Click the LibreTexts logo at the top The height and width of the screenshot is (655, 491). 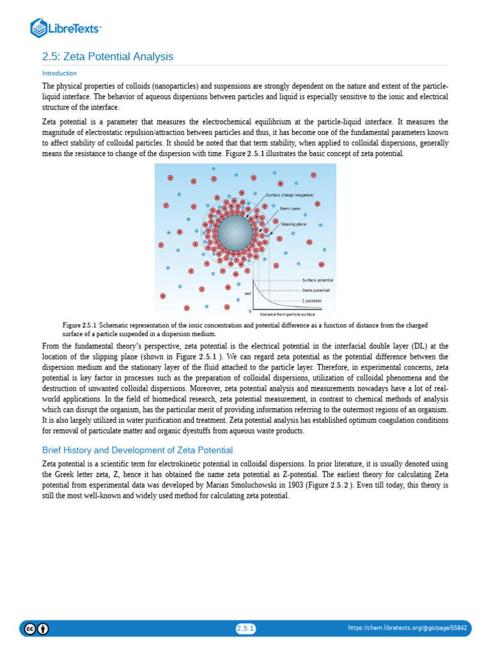pyautogui.click(x=66, y=28)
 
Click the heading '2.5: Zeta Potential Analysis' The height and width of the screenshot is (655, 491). pyautogui.click(x=107, y=57)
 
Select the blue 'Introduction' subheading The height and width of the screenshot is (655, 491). pyautogui.click(x=59, y=74)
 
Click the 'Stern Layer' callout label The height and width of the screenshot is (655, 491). pyautogui.click(x=290, y=209)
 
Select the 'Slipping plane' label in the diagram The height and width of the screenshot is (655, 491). pyautogui.click(x=293, y=225)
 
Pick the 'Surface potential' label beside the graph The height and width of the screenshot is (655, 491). pyautogui.click(x=318, y=280)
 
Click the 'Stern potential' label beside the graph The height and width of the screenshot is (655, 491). pyautogui.click(x=316, y=290)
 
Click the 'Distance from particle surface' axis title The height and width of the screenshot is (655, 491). pyautogui.click(x=287, y=315)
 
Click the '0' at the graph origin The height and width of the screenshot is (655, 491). pyautogui.click(x=250, y=312)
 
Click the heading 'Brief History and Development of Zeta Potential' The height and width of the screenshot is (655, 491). pyautogui.click(x=137, y=450)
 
